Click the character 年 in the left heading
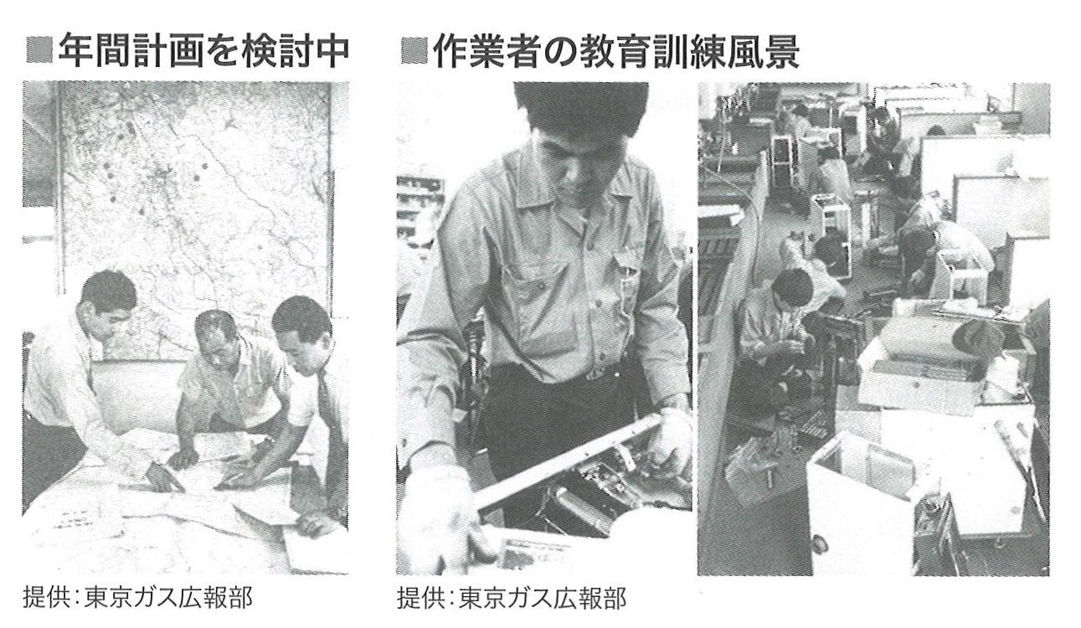[75, 51]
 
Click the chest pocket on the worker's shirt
[627, 286]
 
